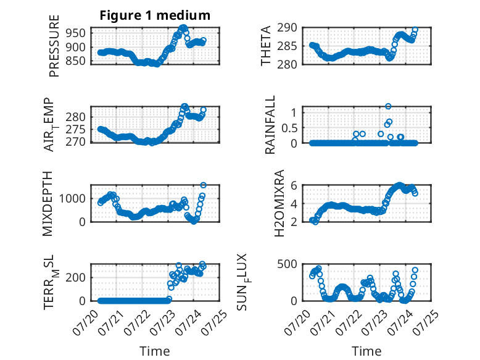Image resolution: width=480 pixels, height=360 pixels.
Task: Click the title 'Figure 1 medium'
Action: pyautogui.click(x=155, y=15)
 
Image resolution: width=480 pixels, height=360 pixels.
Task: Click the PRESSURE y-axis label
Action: pyautogui.click(x=54, y=46)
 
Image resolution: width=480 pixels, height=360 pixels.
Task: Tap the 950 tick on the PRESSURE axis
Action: pyautogui.click(x=75, y=33)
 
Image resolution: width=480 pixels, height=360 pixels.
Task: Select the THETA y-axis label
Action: pyautogui.click(x=266, y=46)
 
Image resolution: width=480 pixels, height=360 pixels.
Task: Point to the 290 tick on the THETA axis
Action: pyautogui.click(x=287, y=28)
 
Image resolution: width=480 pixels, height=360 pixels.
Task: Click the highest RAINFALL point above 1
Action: pyautogui.click(x=388, y=106)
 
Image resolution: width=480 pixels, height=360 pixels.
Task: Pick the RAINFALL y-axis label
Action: pyautogui.click(x=270, y=125)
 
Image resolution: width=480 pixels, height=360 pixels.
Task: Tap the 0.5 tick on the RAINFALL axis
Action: pyautogui.click(x=289, y=128)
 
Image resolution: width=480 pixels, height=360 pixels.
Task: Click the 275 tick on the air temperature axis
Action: pyautogui.click(x=75, y=130)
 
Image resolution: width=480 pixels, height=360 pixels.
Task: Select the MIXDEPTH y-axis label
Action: pyautogui.click(x=48, y=204)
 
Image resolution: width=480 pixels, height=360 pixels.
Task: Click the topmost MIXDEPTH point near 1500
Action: pyautogui.click(x=203, y=185)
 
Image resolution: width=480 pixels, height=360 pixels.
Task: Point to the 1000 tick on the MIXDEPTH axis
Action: pyautogui.click(x=72, y=199)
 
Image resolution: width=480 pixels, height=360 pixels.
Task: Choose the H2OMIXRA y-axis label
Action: pyautogui.click(x=279, y=204)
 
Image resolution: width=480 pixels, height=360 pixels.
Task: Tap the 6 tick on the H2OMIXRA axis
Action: pyautogui.click(x=294, y=186)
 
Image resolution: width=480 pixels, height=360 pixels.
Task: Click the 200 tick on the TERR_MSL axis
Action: pyautogui.click(x=75, y=278)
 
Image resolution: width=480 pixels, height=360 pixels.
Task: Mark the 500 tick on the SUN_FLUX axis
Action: pyautogui.click(x=287, y=264)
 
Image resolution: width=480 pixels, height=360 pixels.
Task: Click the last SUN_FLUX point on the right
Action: pyautogui.click(x=415, y=270)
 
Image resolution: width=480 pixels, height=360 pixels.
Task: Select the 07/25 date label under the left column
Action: pyautogui.click(x=215, y=322)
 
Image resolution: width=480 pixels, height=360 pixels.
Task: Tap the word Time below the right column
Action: pyautogui.click(x=366, y=351)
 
